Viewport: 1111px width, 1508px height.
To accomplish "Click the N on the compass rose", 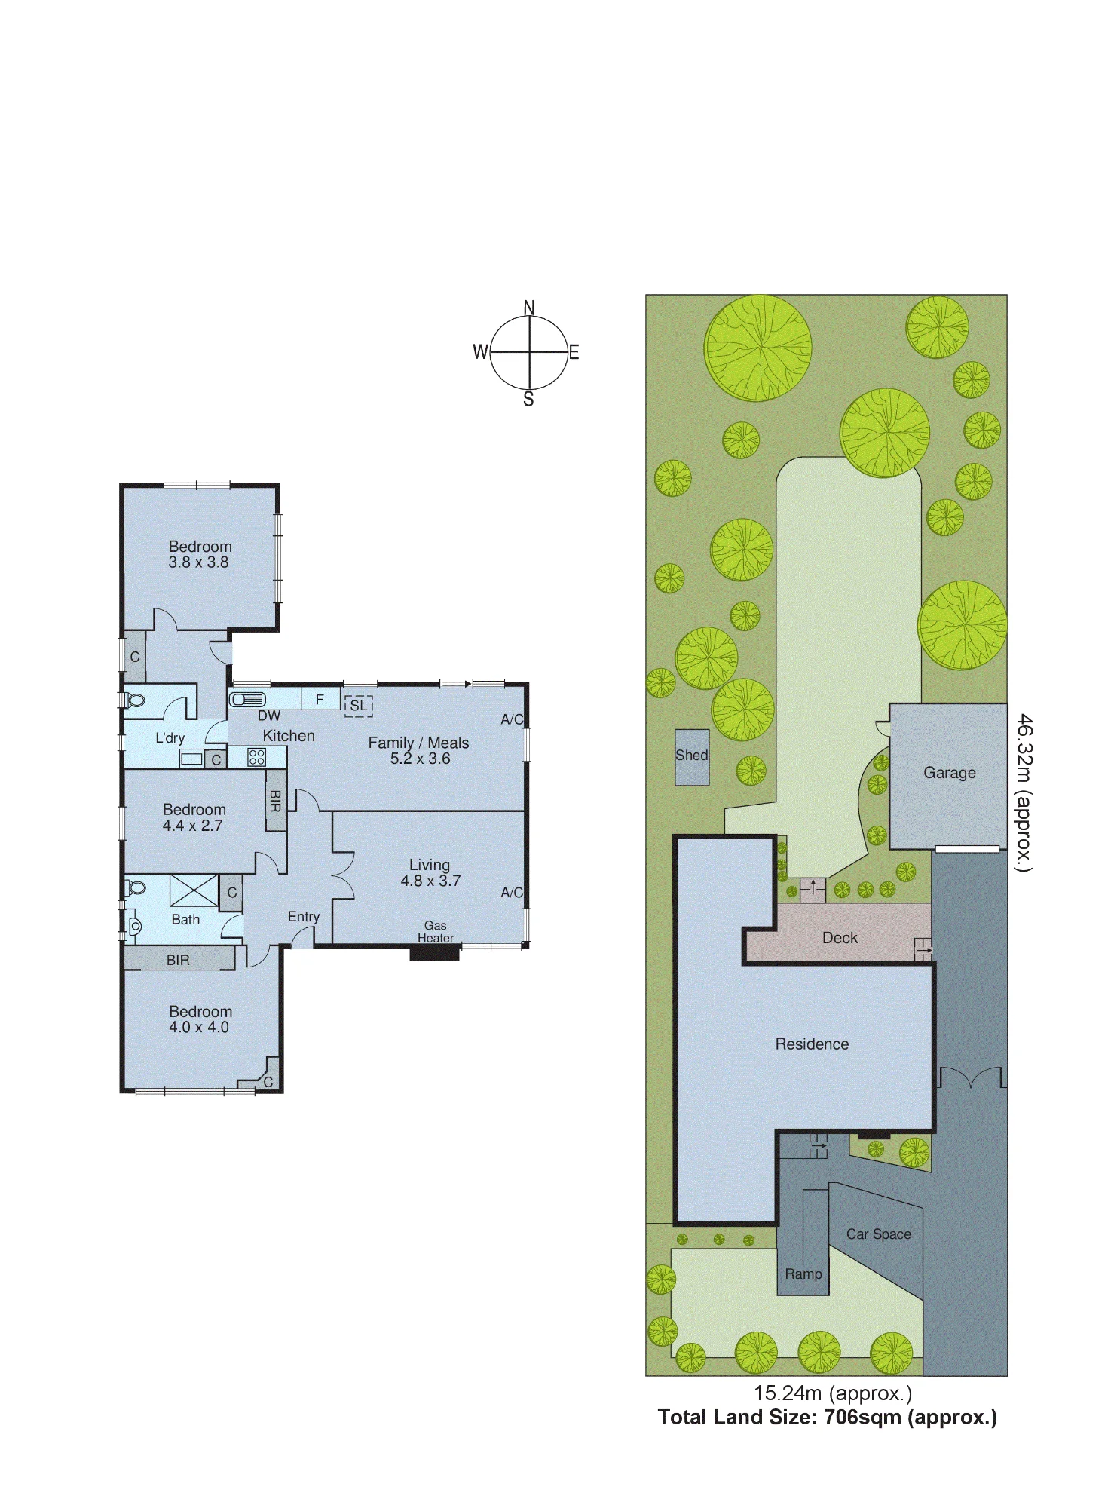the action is point(529,308).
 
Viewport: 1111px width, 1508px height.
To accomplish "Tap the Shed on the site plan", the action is point(692,757).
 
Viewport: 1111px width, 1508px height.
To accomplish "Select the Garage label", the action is point(950,773).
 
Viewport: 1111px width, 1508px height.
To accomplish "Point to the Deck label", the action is point(840,938).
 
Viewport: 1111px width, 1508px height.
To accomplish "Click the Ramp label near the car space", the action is point(803,1274).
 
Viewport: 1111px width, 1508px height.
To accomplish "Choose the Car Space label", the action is point(879,1234).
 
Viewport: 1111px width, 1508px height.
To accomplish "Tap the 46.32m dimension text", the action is point(1024,792).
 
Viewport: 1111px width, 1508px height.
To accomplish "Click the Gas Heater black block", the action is point(435,953).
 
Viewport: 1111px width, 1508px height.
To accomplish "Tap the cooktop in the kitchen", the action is point(256,756).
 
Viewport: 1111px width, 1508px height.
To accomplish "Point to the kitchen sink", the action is point(248,700).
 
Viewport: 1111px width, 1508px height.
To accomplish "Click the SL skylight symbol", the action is point(359,706).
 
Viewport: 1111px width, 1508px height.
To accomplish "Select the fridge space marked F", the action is point(320,699).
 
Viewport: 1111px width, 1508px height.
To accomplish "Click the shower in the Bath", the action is point(194,890).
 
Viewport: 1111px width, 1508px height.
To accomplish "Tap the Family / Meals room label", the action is point(418,743).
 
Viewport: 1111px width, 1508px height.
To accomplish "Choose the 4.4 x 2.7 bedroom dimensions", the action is point(193,826).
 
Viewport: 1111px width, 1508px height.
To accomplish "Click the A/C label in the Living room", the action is point(512,893).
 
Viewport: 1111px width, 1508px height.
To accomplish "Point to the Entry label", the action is point(304,917).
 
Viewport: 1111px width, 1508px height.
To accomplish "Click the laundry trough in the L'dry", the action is point(191,759).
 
